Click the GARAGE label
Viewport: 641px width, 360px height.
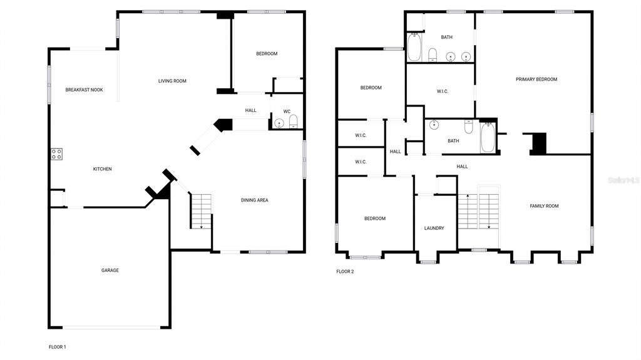(110, 270)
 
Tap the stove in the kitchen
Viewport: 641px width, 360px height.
(56, 153)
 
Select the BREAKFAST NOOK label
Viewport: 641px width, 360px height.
(84, 90)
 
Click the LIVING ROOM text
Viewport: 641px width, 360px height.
(172, 81)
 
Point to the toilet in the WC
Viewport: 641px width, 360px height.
(293, 121)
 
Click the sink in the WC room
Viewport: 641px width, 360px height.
(279, 123)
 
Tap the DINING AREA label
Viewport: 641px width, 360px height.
(255, 200)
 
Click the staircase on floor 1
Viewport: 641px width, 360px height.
(201, 211)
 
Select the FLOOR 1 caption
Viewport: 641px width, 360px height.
(57, 347)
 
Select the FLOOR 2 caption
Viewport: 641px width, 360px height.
(345, 272)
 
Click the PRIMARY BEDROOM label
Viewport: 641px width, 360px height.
(536, 80)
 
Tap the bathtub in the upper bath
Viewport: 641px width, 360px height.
(414, 48)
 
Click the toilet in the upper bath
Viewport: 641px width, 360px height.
(433, 55)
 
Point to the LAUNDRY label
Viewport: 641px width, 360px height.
(434, 229)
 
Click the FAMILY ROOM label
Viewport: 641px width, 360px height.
(544, 206)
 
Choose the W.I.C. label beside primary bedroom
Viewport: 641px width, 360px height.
(443, 91)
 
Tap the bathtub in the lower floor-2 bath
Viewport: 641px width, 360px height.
(488, 138)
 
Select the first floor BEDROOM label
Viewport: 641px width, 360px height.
(267, 54)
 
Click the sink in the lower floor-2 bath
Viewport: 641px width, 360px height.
(434, 125)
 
